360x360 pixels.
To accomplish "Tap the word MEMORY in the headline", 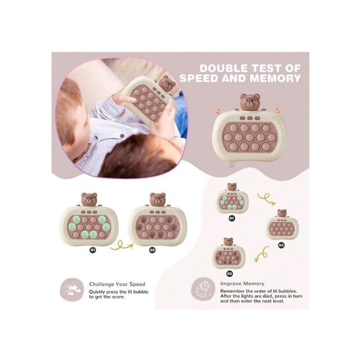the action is pyautogui.click(x=275, y=78).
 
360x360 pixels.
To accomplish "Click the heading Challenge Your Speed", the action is pyautogui.click(x=117, y=284).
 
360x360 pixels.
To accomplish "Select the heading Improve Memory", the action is pyautogui.click(x=242, y=283).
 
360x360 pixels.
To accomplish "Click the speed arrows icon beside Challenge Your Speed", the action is pyautogui.click(x=72, y=290).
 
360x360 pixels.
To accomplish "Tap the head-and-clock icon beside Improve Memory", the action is pyautogui.click(x=203, y=289).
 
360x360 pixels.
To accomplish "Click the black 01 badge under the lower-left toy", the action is pyautogui.click(x=93, y=250).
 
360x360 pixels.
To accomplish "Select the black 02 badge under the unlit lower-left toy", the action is pyautogui.click(x=152, y=250).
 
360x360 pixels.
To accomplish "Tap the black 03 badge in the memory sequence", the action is pyautogui.click(x=229, y=274).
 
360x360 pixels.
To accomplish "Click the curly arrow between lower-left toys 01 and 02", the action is pyautogui.click(x=121, y=246).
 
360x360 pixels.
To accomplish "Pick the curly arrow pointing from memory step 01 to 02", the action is pyautogui.click(x=266, y=199).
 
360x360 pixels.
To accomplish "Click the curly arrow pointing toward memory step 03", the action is pyautogui.click(x=262, y=254).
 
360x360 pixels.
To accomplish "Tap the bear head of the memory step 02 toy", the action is pyautogui.click(x=282, y=213).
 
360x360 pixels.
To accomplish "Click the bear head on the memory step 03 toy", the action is pyautogui.click(x=228, y=242).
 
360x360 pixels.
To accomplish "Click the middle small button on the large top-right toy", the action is pyautogui.click(x=250, y=118).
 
